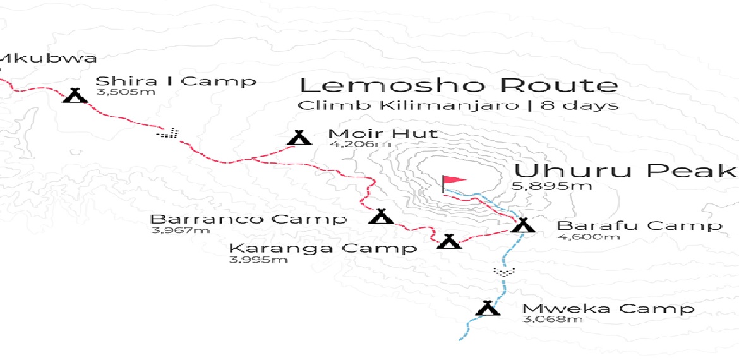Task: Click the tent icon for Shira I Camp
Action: coord(75,95)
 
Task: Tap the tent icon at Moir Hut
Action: coord(299,137)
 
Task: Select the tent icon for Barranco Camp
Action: coord(380,217)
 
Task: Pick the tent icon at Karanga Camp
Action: coord(449,241)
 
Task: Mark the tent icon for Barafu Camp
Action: coord(522,225)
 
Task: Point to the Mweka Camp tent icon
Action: coord(488,308)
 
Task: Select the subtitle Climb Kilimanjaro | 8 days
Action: coord(458,105)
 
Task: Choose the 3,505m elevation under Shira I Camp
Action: coord(117,92)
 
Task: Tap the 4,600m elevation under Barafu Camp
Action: coord(579,237)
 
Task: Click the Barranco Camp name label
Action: coord(248,219)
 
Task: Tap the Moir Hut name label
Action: coord(383,133)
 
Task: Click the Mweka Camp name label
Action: coord(608,309)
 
